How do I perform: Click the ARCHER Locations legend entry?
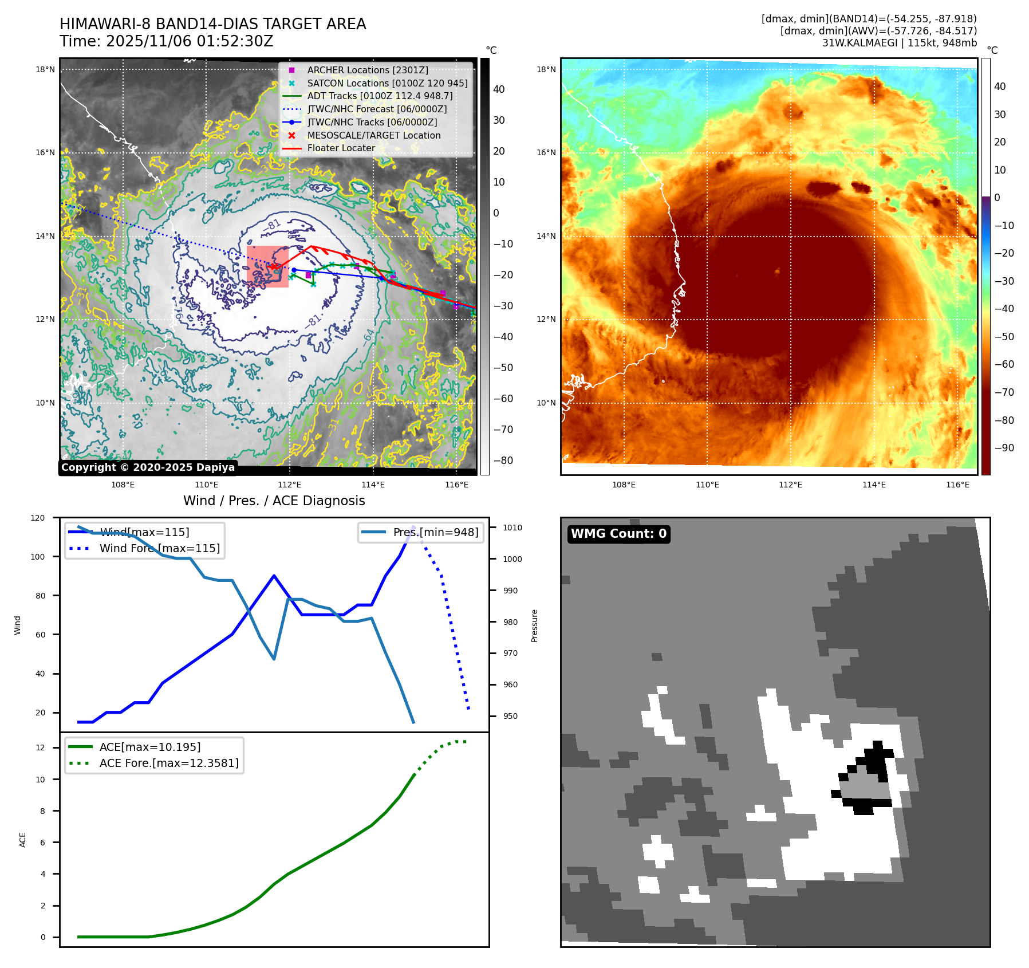tap(367, 70)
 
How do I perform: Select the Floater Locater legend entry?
tap(341, 148)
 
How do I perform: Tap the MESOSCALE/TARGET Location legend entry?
tap(373, 135)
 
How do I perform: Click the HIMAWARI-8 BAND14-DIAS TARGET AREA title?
tap(212, 24)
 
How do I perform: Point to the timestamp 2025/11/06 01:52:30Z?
tap(189, 41)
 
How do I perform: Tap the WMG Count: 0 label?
tap(618, 534)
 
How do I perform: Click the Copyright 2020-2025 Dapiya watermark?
tap(148, 467)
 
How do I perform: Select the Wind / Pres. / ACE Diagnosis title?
tap(274, 501)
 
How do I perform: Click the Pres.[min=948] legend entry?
tap(435, 532)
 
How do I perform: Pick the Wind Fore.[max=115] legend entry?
tap(159, 548)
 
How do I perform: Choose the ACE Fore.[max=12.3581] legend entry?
tap(168, 763)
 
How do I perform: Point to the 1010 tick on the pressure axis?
tap(512, 528)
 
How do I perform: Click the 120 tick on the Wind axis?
tap(38, 518)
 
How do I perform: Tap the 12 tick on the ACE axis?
tap(40, 747)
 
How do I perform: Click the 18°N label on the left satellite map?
tap(45, 70)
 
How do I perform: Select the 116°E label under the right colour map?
tap(957, 485)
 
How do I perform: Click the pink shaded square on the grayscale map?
tap(267, 266)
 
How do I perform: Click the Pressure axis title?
tap(534, 625)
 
